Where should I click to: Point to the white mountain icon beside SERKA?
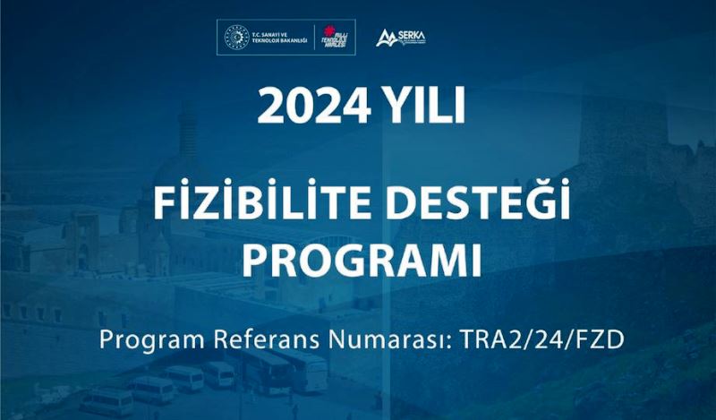(387, 38)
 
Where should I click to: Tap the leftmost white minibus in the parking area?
(107, 401)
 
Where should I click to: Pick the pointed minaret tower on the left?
(188, 134)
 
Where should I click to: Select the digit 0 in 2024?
(294, 107)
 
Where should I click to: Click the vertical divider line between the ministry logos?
(319, 39)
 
